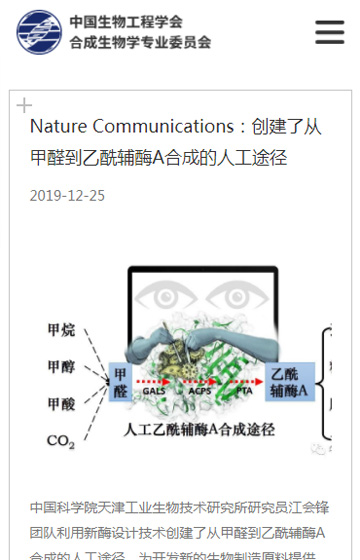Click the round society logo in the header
(x=39, y=32)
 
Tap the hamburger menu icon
(x=330, y=32)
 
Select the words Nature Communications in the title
(x=132, y=126)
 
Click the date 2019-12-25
(x=67, y=195)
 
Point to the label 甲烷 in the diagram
(x=60, y=330)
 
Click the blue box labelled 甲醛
(x=120, y=383)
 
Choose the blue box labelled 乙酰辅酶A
(x=290, y=382)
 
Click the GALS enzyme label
(x=153, y=394)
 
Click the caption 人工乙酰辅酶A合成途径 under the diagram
(x=199, y=428)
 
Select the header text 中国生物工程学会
(x=126, y=21)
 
